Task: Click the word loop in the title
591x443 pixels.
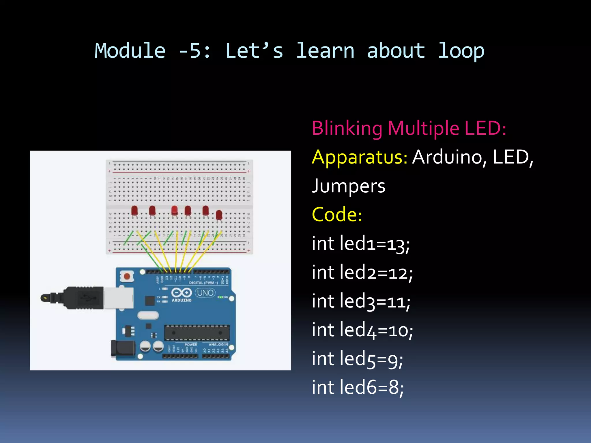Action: click(x=461, y=51)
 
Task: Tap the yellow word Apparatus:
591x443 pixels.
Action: click(x=359, y=157)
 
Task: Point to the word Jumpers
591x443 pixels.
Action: click(x=348, y=186)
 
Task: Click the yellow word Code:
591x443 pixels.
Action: click(x=337, y=215)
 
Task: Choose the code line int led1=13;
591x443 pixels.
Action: click(x=361, y=244)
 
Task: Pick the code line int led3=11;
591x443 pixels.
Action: click(x=361, y=301)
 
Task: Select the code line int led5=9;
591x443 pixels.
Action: click(x=357, y=359)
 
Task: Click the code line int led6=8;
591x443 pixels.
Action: click(x=358, y=387)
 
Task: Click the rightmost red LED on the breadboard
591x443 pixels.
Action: click(x=219, y=215)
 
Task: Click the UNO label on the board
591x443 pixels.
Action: click(x=205, y=293)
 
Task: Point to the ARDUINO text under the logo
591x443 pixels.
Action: click(x=182, y=300)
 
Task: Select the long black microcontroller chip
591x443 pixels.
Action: click(x=197, y=333)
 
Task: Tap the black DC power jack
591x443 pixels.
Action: click(x=123, y=348)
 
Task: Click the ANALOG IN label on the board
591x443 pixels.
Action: click(x=218, y=344)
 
